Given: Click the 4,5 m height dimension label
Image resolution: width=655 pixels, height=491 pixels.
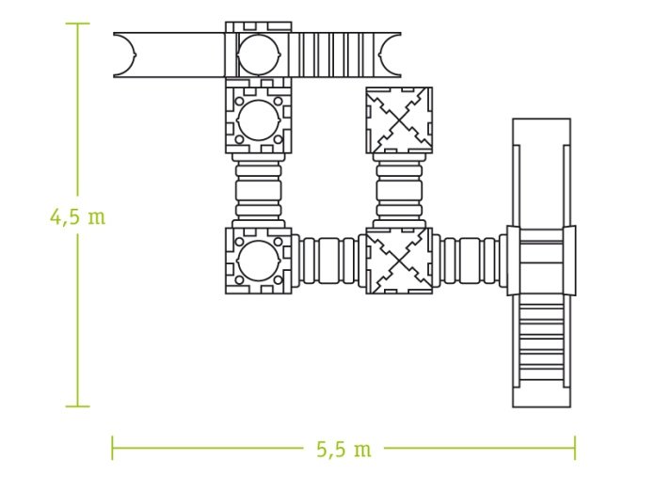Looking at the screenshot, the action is click(78, 217).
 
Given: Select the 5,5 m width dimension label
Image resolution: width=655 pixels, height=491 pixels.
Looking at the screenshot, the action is click(343, 450).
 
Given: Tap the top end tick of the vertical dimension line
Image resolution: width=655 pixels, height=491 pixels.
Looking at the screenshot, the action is click(78, 24).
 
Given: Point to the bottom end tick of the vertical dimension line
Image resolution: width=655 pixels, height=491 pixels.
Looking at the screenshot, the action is click(78, 405).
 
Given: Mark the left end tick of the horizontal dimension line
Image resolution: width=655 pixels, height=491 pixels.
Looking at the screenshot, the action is click(112, 449).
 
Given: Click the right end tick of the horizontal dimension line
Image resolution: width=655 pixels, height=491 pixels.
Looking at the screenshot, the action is click(575, 449).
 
